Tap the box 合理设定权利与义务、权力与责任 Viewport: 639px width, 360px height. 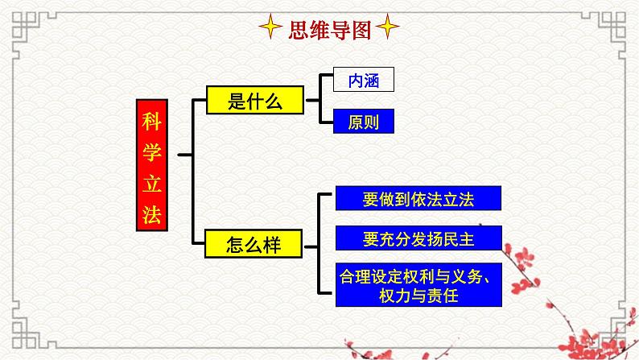[418, 284]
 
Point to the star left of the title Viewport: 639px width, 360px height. [270, 30]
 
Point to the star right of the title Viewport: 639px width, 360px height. [388, 30]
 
